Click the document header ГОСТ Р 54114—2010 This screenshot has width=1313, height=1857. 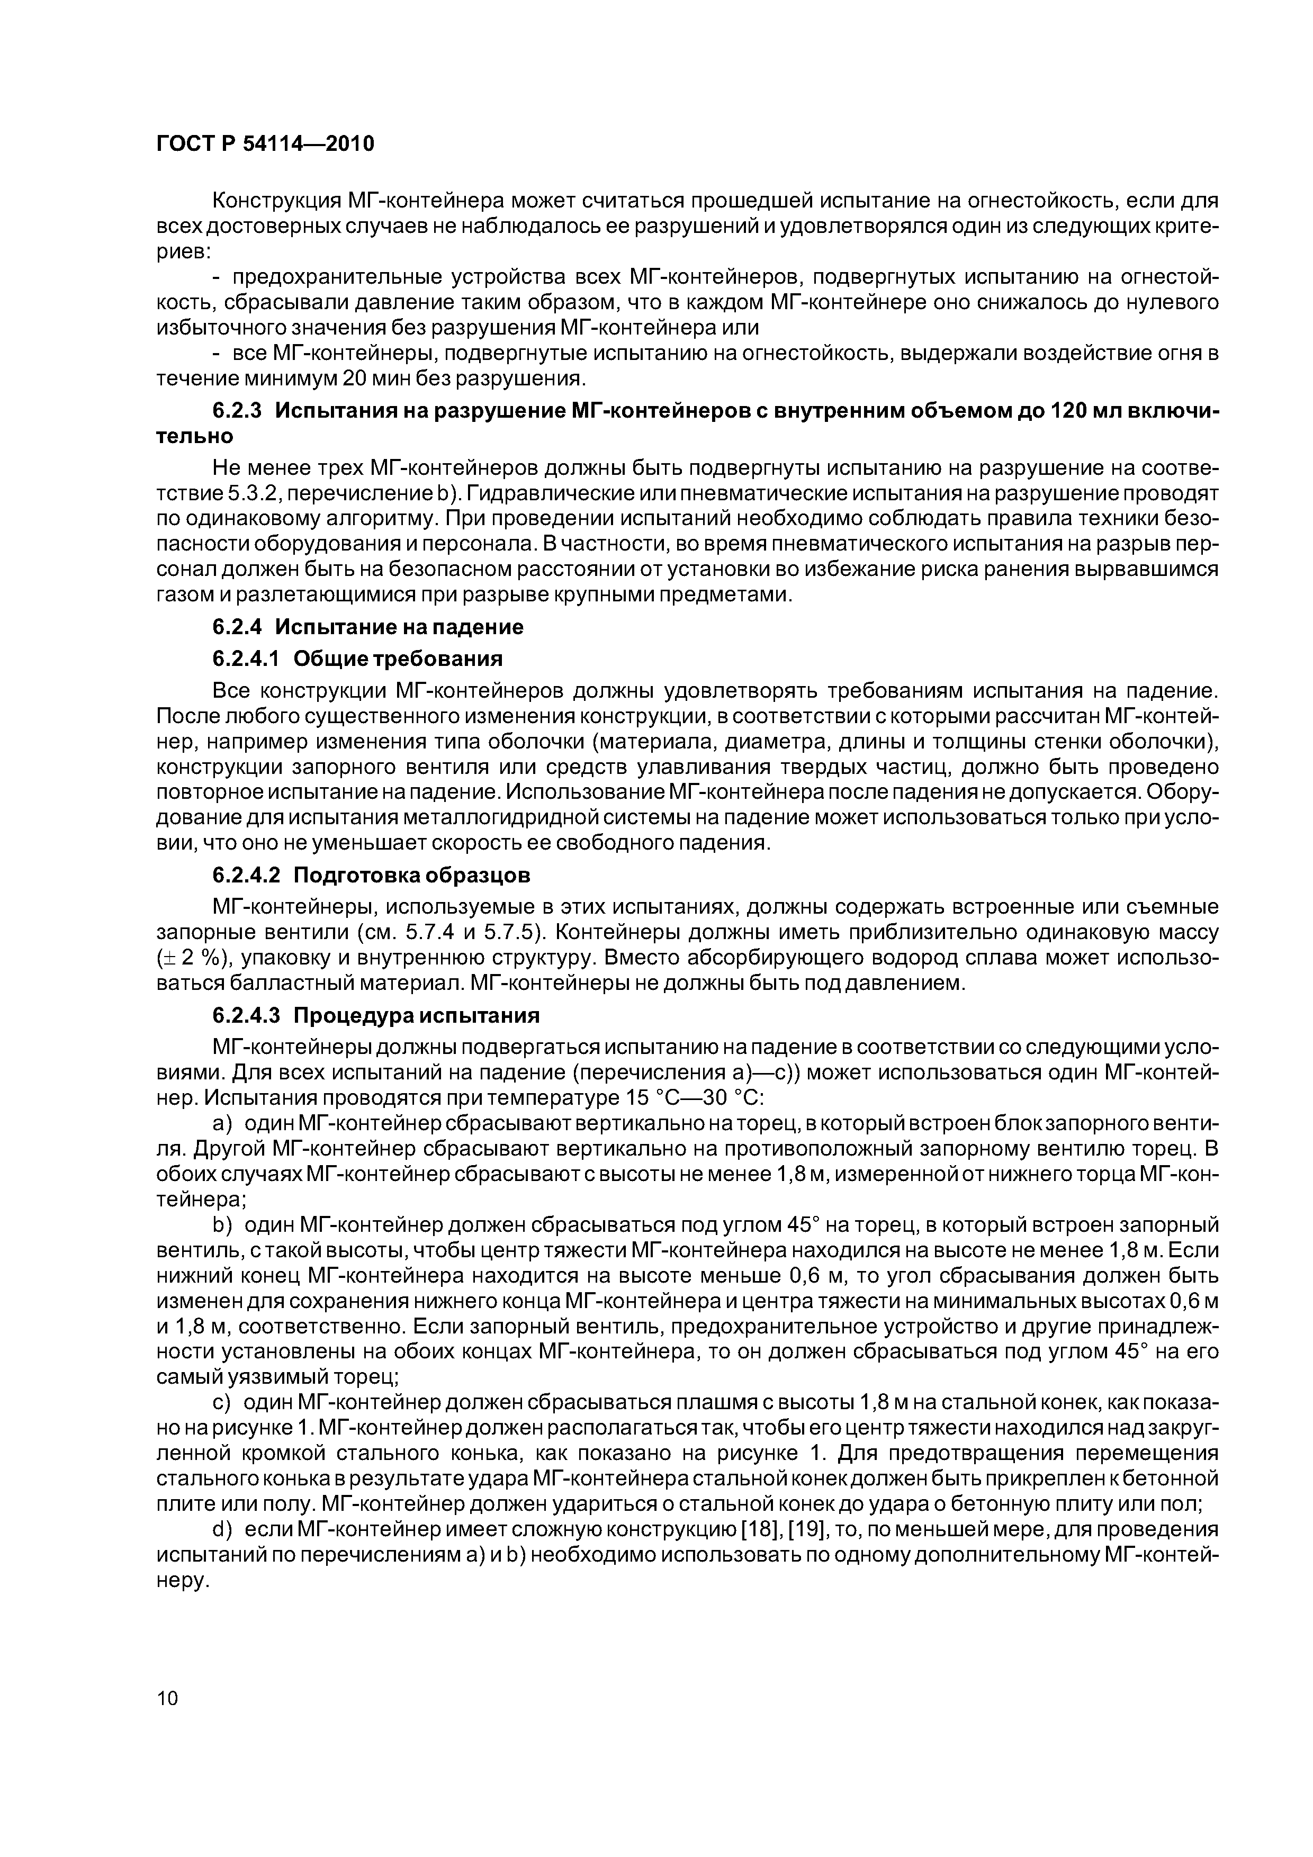[x=265, y=144]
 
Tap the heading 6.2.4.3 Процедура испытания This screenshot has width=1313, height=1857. [x=375, y=1015]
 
